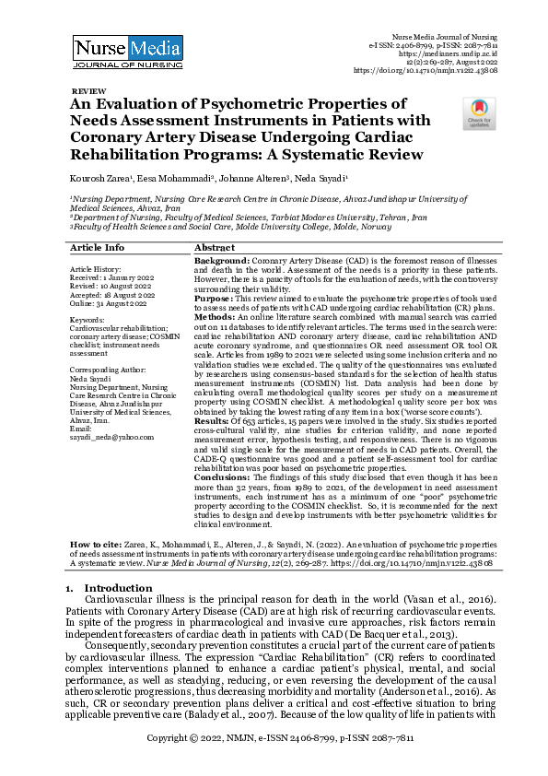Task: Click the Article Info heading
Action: click(x=98, y=248)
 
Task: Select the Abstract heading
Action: click(x=215, y=248)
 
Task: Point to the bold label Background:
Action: click(x=222, y=262)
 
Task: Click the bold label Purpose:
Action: click(x=216, y=299)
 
